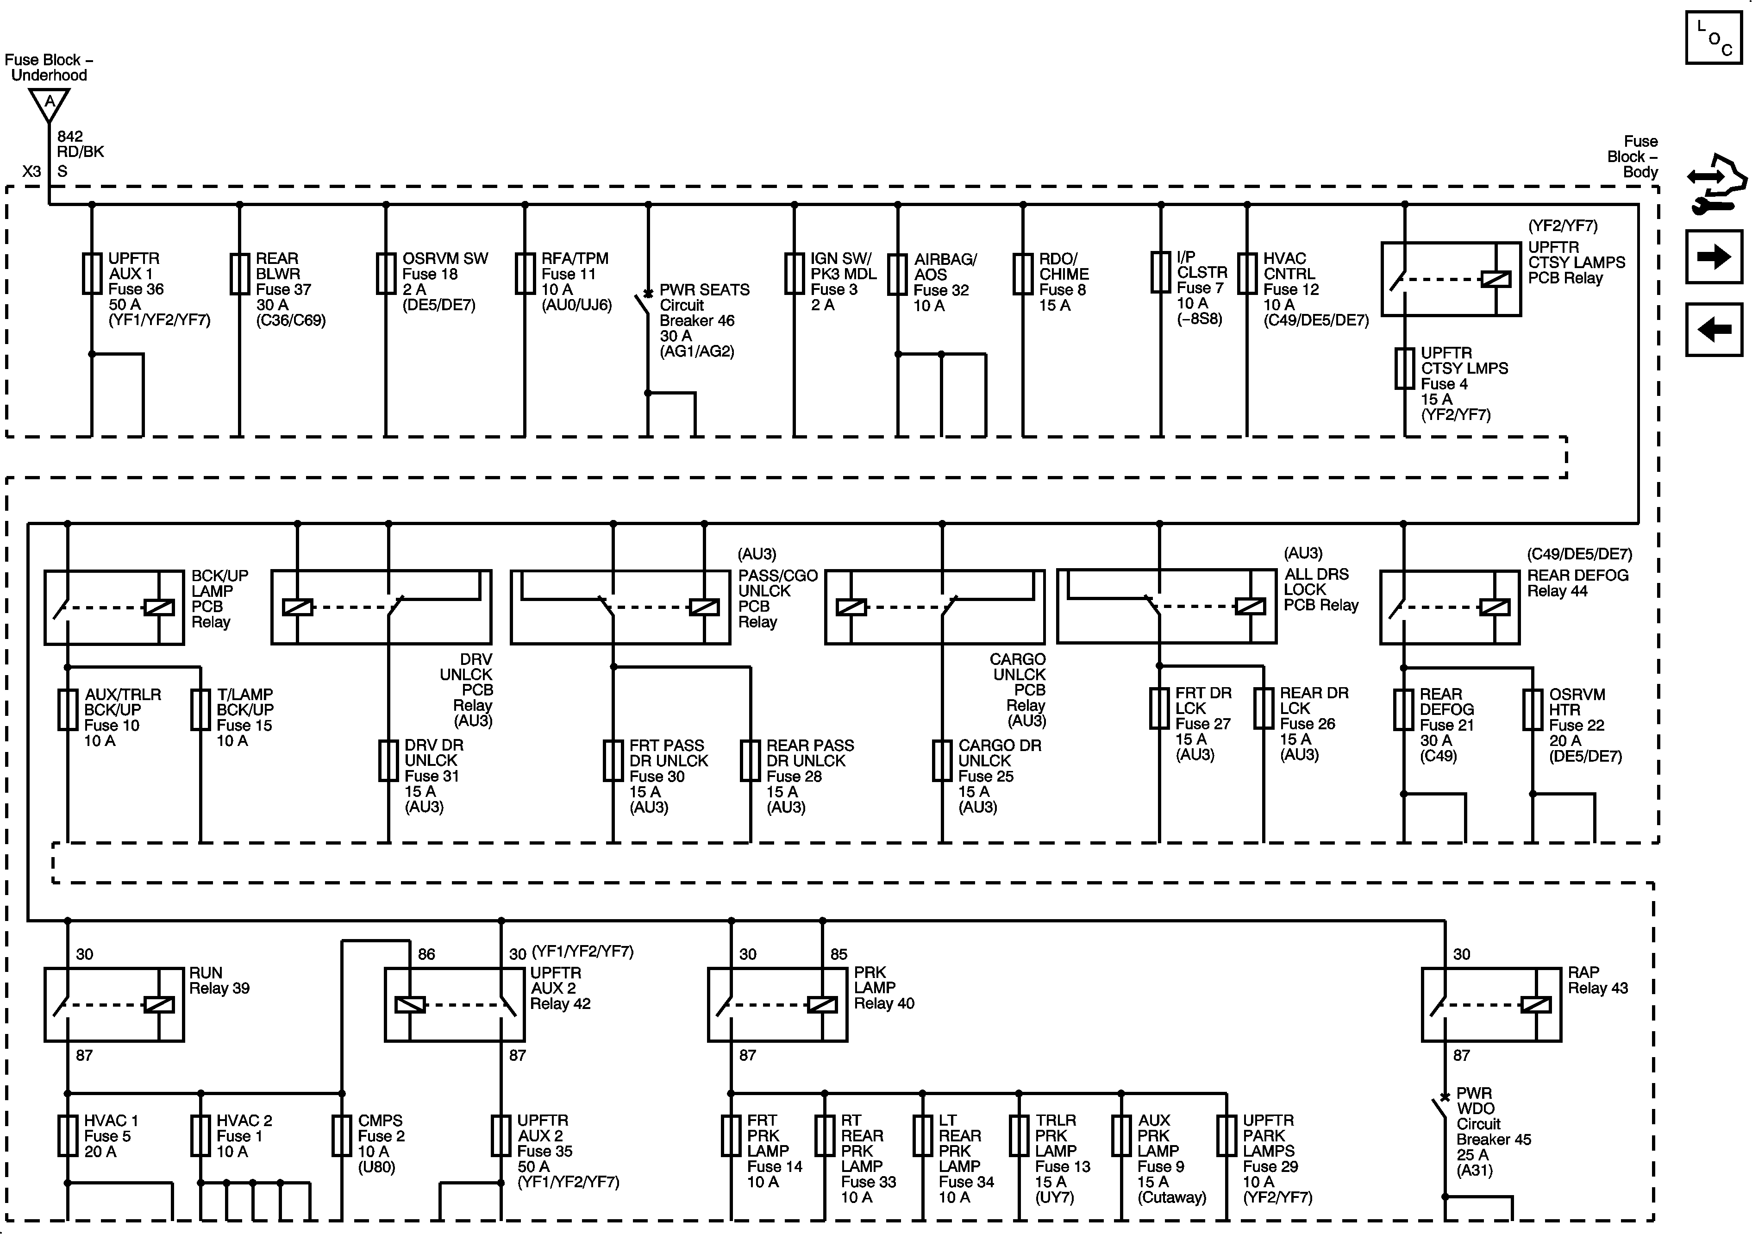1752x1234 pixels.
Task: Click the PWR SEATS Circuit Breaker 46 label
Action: point(704,320)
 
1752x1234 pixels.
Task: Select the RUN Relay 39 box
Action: point(114,1004)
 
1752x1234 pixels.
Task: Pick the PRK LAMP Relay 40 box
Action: point(777,1004)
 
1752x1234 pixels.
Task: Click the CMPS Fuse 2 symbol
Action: point(342,1135)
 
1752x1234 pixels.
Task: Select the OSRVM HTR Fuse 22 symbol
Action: point(1532,710)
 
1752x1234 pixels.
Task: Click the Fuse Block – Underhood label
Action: point(49,67)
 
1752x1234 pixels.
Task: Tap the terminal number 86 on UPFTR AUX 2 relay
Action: point(426,954)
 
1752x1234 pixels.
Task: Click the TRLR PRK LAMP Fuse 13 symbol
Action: point(1020,1135)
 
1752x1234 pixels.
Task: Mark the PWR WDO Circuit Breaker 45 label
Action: point(1493,1131)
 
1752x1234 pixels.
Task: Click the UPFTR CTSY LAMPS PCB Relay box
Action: point(1451,279)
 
